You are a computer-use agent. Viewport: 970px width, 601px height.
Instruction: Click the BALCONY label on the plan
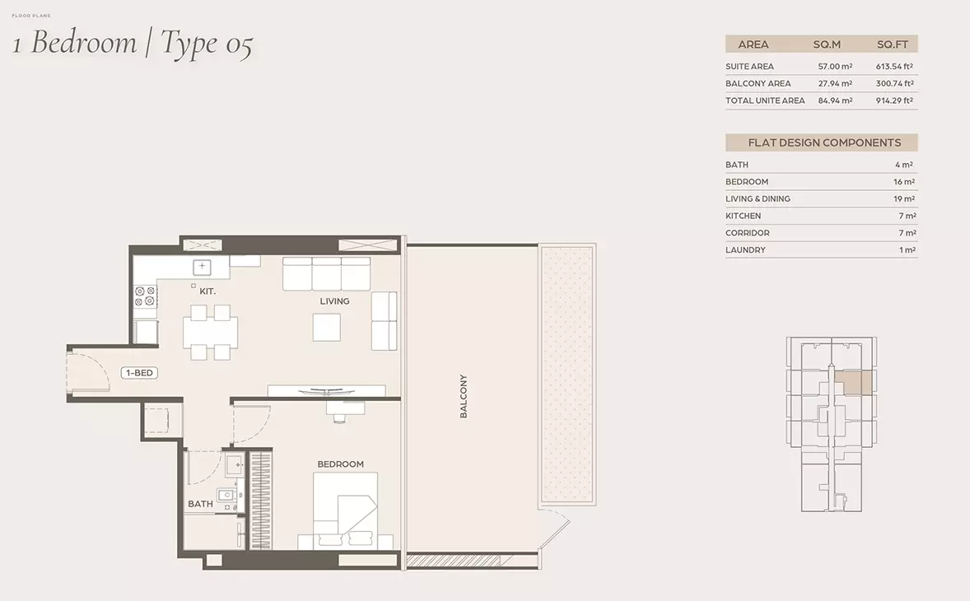click(x=464, y=396)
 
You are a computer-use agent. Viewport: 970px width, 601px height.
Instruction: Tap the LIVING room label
click(x=334, y=301)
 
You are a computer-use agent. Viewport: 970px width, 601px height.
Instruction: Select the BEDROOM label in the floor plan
click(x=340, y=464)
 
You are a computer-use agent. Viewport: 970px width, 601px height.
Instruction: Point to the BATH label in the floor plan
click(x=200, y=504)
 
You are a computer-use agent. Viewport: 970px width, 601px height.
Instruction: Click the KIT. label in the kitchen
click(x=208, y=291)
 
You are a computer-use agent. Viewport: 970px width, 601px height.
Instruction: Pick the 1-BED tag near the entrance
click(x=139, y=373)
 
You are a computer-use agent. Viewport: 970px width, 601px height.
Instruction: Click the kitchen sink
click(x=202, y=267)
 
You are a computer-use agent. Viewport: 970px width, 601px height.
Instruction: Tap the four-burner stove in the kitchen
click(x=146, y=296)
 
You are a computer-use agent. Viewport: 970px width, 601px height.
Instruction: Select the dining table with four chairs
click(x=210, y=332)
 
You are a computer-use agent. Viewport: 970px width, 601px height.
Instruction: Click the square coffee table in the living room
click(x=327, y=327)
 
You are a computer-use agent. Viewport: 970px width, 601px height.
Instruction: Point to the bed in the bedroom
click(x=345, y=510)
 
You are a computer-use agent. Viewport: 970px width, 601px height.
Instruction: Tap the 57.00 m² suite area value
click(x=835, y=66)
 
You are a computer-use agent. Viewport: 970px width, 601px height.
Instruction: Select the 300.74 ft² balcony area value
click(x=894, y=83)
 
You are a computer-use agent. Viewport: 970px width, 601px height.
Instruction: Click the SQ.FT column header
click(x=892, y=44)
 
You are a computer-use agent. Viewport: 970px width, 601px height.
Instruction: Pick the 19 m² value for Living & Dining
click(x=904, y=199)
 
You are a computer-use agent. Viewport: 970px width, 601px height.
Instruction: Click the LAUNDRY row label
click(x=745, y=249)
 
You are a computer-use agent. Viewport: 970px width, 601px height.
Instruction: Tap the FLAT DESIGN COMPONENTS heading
click(x=824, y=142)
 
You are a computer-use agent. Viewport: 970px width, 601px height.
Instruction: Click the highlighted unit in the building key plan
click(x=854, y=384)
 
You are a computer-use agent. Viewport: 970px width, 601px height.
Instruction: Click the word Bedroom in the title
click(x=83, y=43)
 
